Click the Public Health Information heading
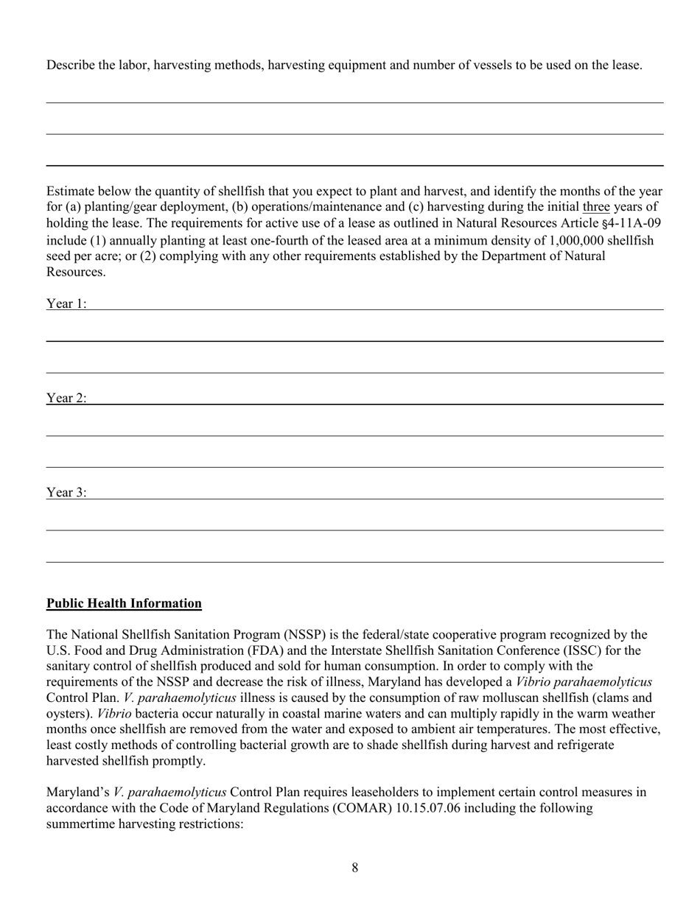tap(124, 603)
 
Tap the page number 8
tap(354, 868)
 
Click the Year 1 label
tap(66, 303)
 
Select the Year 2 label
tap(66, 398)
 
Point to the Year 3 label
tap(66, 493)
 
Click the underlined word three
tap(596, 207)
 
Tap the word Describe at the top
tap(70, 65)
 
